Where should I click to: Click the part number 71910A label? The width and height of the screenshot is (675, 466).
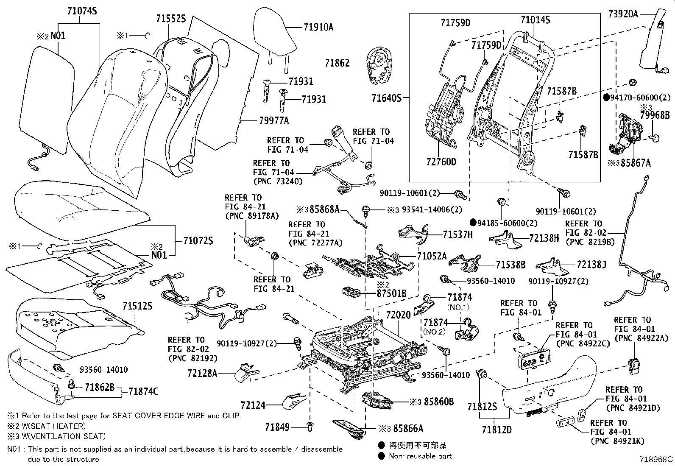[318, 27]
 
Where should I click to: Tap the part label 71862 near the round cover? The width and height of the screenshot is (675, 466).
[337, 63]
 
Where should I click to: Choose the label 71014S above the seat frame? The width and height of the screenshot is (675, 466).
[535, 20]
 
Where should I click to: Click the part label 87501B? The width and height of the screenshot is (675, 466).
[391, 293]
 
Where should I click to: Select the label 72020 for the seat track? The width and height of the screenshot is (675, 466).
[398, 315]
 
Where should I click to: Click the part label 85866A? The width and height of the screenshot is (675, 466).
[408, 429]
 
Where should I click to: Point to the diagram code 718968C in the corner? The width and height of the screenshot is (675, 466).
[656, 459]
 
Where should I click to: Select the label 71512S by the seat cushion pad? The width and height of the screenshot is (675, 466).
[137, 306]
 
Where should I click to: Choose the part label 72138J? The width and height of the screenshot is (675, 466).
[591, 265]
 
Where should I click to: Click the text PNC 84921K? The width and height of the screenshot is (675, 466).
[617, 441]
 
